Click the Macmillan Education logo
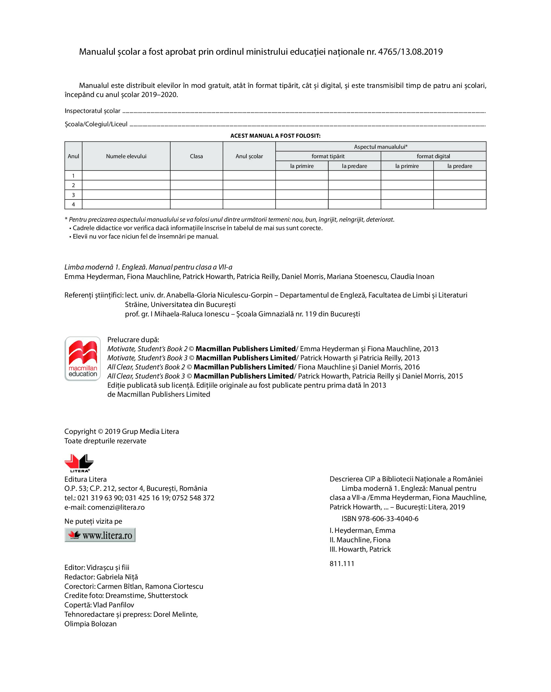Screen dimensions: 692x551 (83, 358)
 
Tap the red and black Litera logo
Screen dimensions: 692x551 (79, 463)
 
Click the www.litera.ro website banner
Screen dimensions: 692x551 (100, 535)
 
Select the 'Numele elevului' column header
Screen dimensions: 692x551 (126, 156)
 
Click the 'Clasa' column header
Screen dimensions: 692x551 (196, 156)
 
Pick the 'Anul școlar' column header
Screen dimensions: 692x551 (249, 156)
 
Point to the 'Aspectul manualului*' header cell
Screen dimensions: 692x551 (380, 147)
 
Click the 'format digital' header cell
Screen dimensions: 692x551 (433, 156)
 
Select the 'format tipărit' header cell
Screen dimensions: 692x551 (328, 156)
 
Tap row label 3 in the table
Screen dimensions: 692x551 (73, 195)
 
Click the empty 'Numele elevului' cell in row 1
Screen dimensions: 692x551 (126, 175)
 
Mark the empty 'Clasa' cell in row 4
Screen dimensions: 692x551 (196, 204)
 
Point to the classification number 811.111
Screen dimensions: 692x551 (342, 564)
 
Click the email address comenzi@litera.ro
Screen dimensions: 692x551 (116, 507)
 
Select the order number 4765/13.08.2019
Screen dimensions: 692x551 (410, 52)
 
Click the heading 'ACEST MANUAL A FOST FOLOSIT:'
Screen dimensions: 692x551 (275, 136)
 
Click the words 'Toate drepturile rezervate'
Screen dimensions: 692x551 (105, 441)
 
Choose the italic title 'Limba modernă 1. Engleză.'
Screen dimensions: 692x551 (105, 267)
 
